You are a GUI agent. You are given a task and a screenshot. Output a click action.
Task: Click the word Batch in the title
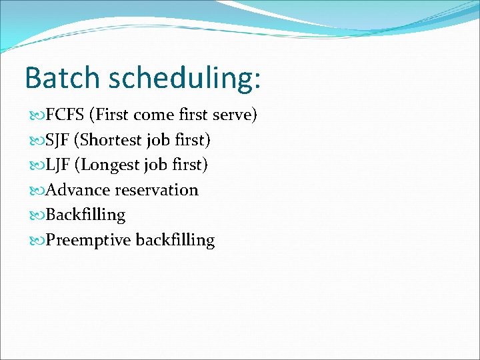pyautogui.click(x=63, y=77)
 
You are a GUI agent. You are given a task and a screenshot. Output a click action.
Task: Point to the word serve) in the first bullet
pyautogui.click(x=234, y=115)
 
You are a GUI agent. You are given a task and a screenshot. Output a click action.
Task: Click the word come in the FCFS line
pyautogui.click(x=155, y=115)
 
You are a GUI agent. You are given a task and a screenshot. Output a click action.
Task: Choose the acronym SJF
pyautogui.click(x=59, y=140)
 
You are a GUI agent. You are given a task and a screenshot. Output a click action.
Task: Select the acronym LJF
pyautogui.click(x=59, y=165)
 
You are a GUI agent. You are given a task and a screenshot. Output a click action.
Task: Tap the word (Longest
pyautogui.click(x=109, y=165)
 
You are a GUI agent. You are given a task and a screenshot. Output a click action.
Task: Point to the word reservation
pyautogui.click(x=157, y=190)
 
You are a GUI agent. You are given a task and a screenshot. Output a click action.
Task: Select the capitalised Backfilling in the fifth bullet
pyautogui.click(x=85, y=215)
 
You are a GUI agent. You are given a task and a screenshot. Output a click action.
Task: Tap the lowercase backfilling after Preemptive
pyautogui.click(x=175, y=240)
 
